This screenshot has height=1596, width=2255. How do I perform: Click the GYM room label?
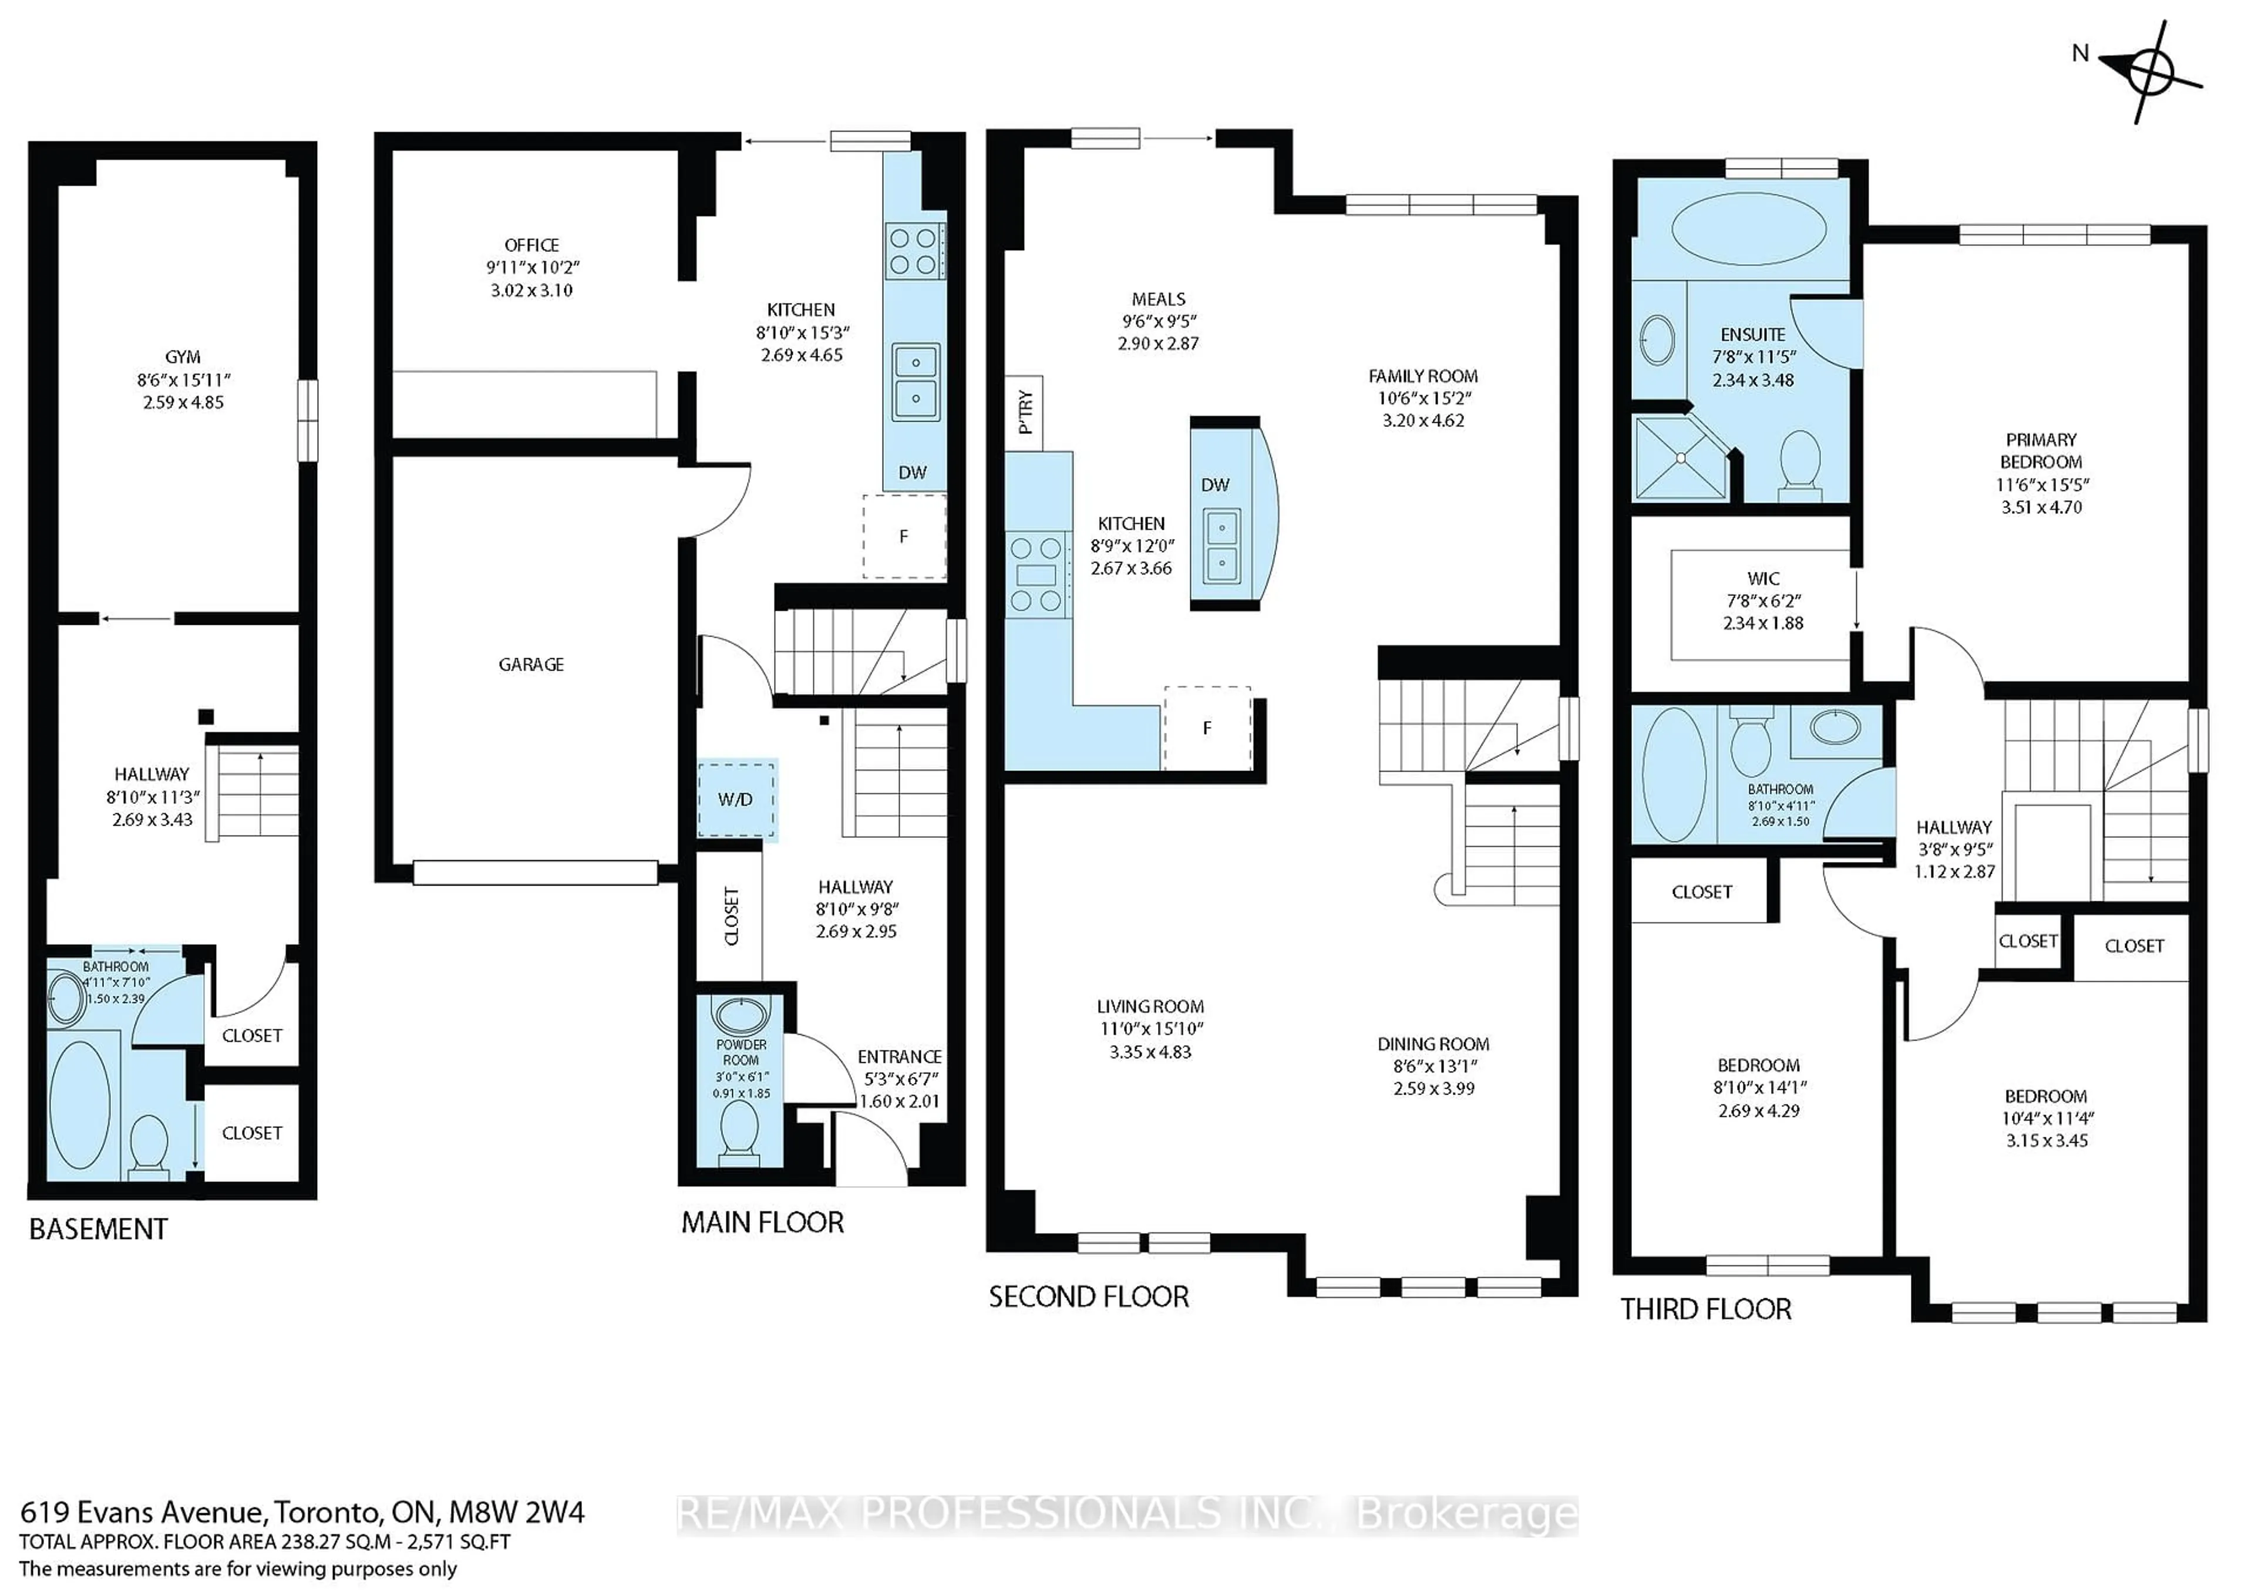click(183, 358)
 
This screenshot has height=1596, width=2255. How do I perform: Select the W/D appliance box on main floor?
click(736, 799)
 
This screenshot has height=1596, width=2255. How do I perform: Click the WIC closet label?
click(1763, 579)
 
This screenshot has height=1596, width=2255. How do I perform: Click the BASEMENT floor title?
click(98, 1230)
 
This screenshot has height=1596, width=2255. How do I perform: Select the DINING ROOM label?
click(1433, 1043)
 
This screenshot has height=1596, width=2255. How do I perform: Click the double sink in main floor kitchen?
click(915, 381)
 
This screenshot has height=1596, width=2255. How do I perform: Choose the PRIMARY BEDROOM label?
click(2041, 450)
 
